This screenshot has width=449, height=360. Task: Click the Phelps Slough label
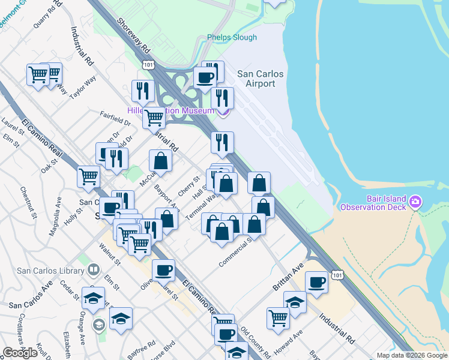tap(232, 37)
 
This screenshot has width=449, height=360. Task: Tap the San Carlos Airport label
tap(260, 79)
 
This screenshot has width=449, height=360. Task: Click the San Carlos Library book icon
tap(93, 271)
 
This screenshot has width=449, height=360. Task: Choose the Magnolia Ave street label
tap(55, 212)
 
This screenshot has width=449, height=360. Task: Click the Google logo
tap(20, 353)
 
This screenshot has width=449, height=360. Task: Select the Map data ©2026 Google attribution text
tap(412, 355)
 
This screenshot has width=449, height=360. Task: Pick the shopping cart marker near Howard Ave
tap(278, 317)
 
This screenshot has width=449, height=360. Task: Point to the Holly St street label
tap(75, 221)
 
